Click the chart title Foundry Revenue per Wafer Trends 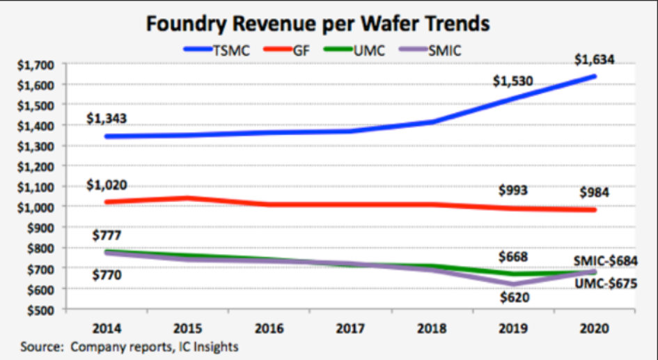(x=318, y=23)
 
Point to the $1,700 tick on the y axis (x=36, y=65)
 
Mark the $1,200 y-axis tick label (x=36, y=166)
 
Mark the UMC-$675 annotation (x=605, y=284)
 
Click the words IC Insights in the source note (x=209, y=346)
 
